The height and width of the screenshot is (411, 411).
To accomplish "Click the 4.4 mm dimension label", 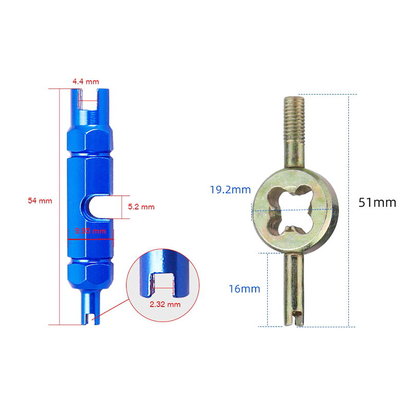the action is coord(86,82).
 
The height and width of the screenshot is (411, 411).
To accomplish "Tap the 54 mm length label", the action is coord(40,201).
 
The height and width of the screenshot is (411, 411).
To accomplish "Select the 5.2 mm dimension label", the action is coord(141,207).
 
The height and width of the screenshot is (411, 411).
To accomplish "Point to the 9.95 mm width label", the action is coord(90,231).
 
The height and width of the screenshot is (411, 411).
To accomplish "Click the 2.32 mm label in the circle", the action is coord(165,304).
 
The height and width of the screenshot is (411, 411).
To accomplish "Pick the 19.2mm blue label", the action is coord(230,190).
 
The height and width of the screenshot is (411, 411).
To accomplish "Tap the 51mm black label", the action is coord(377,202).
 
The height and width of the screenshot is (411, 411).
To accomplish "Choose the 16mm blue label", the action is coord(245,289).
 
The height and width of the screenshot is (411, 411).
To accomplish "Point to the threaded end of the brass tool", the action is coord(294,118).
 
